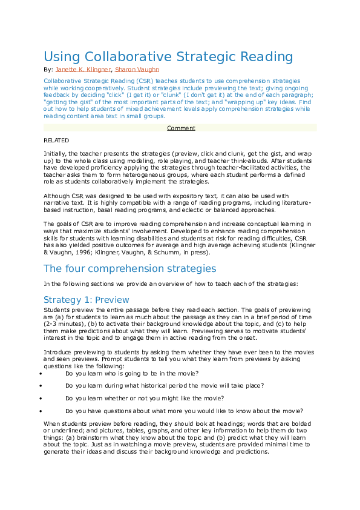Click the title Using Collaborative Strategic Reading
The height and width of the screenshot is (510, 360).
click(x=168, y=58)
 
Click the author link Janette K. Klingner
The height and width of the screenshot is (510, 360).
click(x=83, y=70)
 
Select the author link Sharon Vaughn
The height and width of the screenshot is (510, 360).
click(x=137, y=70)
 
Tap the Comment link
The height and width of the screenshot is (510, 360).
click(x=181, y=128)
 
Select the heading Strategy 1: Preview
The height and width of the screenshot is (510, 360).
click(x=86, y=300)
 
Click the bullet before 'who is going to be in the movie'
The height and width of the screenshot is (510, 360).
click(x=39, y=374)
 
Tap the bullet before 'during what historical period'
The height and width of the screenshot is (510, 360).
click(x=39, y=386)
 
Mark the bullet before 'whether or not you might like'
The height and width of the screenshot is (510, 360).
click(x=39, y=398)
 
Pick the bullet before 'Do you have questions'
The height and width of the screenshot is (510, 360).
click(x=39, y=411)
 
